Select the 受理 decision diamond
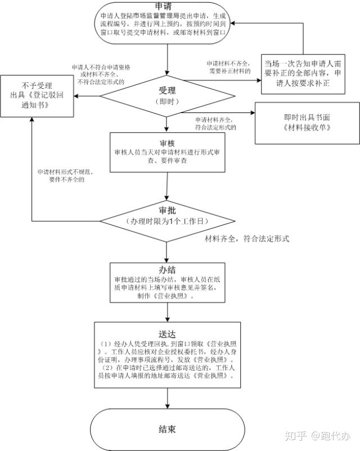click(x=167, y=94)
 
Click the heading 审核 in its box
click(x=166, y=142)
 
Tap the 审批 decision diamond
click(x=167, y=219)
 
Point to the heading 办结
click(x=167, y=269)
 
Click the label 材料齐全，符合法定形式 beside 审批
click(x=246, y=239)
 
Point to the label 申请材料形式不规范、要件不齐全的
click(x=66, y=175)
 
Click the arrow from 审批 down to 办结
click(x=167, y=250)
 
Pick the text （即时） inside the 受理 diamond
click(x=167, y=101)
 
